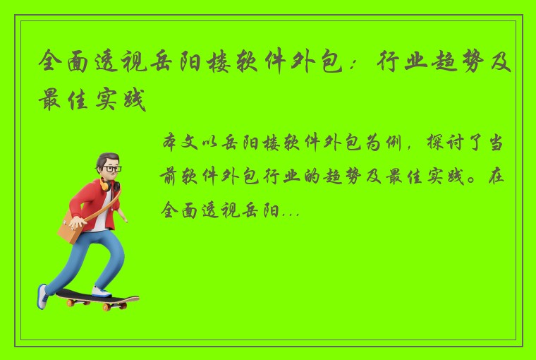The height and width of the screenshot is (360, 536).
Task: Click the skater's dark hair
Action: (x=106, y=159)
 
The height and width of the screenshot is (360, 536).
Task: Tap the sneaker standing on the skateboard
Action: (x=100, y=290)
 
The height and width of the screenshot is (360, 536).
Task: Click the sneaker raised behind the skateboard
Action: (x=44, y=296)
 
